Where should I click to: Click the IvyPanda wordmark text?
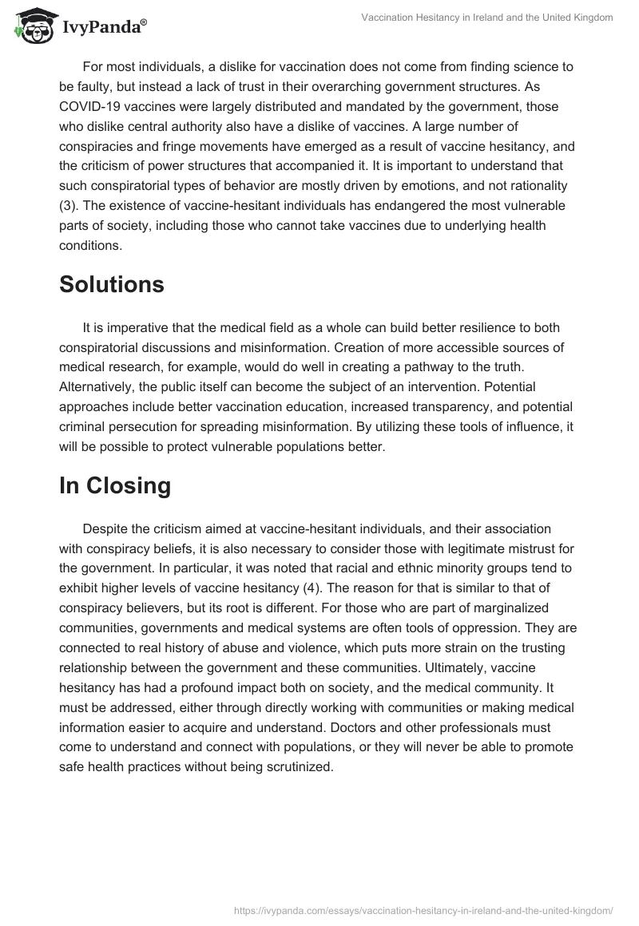pos(102,27)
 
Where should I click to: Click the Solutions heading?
pos(111,285)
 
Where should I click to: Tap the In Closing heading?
pos(114,486)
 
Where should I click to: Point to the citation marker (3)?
pos(70,206)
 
